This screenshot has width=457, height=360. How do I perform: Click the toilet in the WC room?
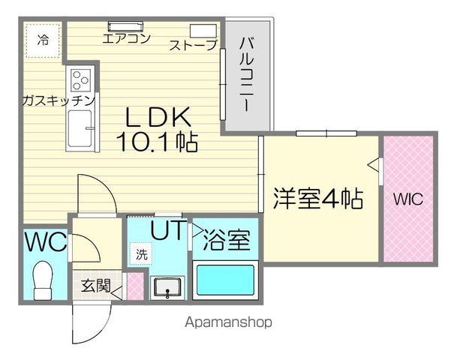click(x=43, y=280)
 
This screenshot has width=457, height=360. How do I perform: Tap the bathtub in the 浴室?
click(x=225, y=280)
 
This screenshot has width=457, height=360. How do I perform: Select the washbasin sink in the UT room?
click(x=167, y=288)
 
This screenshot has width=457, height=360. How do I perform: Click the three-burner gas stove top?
click(x=81, y=79)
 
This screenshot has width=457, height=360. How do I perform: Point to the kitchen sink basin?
click(x=80, y=129)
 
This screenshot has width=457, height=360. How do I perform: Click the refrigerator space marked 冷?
click(x=43, y=40)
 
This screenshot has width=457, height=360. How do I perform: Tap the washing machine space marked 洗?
click(x=141, y=253)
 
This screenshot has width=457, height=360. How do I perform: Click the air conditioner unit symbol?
click(x=126, y=26)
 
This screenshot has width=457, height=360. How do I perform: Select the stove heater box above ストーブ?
click(x=203, y=31)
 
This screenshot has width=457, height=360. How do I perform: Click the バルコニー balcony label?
click(x=247, y=74)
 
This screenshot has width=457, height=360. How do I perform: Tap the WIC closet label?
click(x=408, y=199)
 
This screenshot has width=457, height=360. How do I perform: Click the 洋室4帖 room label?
click(x=318, y=199)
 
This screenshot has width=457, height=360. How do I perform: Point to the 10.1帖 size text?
click(x=157, y=142)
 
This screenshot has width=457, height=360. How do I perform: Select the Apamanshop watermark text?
click(x=228, y=322)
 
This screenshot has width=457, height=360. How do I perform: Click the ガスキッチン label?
click(x=59, y=100)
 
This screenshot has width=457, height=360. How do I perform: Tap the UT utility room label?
click(x=168, y=230)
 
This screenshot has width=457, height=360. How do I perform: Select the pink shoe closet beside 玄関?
click(x=136, y=286)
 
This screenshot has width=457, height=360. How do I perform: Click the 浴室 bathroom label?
click(x=227, y=240)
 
